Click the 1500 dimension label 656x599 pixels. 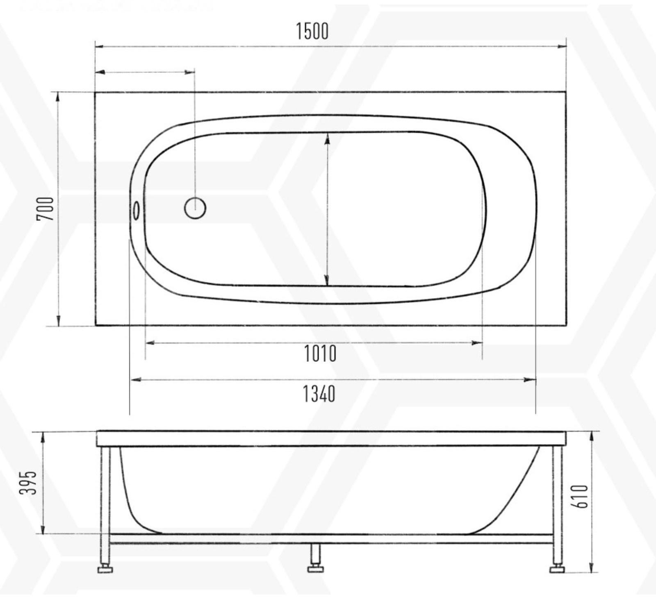(312, 31)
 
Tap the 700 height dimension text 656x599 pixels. (46, 209)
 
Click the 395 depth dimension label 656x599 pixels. (29, 483)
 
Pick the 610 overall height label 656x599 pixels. (582, 497)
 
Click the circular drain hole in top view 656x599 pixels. (195, 208)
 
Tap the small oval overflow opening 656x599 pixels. (136, 210)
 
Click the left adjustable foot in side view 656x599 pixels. (105, 569)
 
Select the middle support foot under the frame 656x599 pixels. (315, 568)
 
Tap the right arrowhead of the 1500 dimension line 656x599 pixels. (562, 47)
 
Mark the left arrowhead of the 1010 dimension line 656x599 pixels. (150, 343)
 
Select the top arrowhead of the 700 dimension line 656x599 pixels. (58, 97)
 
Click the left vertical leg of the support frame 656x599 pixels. (105, 492)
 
